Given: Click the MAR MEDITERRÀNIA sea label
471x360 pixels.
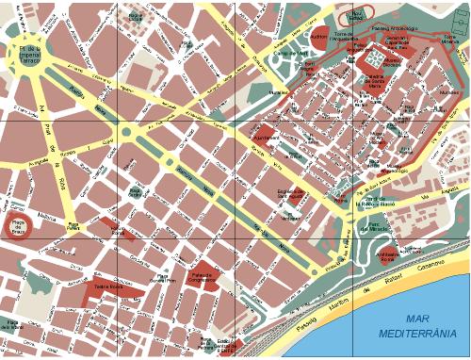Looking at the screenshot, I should [x=417, y=326].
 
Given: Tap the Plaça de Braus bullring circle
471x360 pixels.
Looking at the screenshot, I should [x=19, y=226].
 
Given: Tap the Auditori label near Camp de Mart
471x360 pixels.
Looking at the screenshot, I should [x=319, y=38].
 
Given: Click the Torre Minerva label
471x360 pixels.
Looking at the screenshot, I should [x=449, y=40].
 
